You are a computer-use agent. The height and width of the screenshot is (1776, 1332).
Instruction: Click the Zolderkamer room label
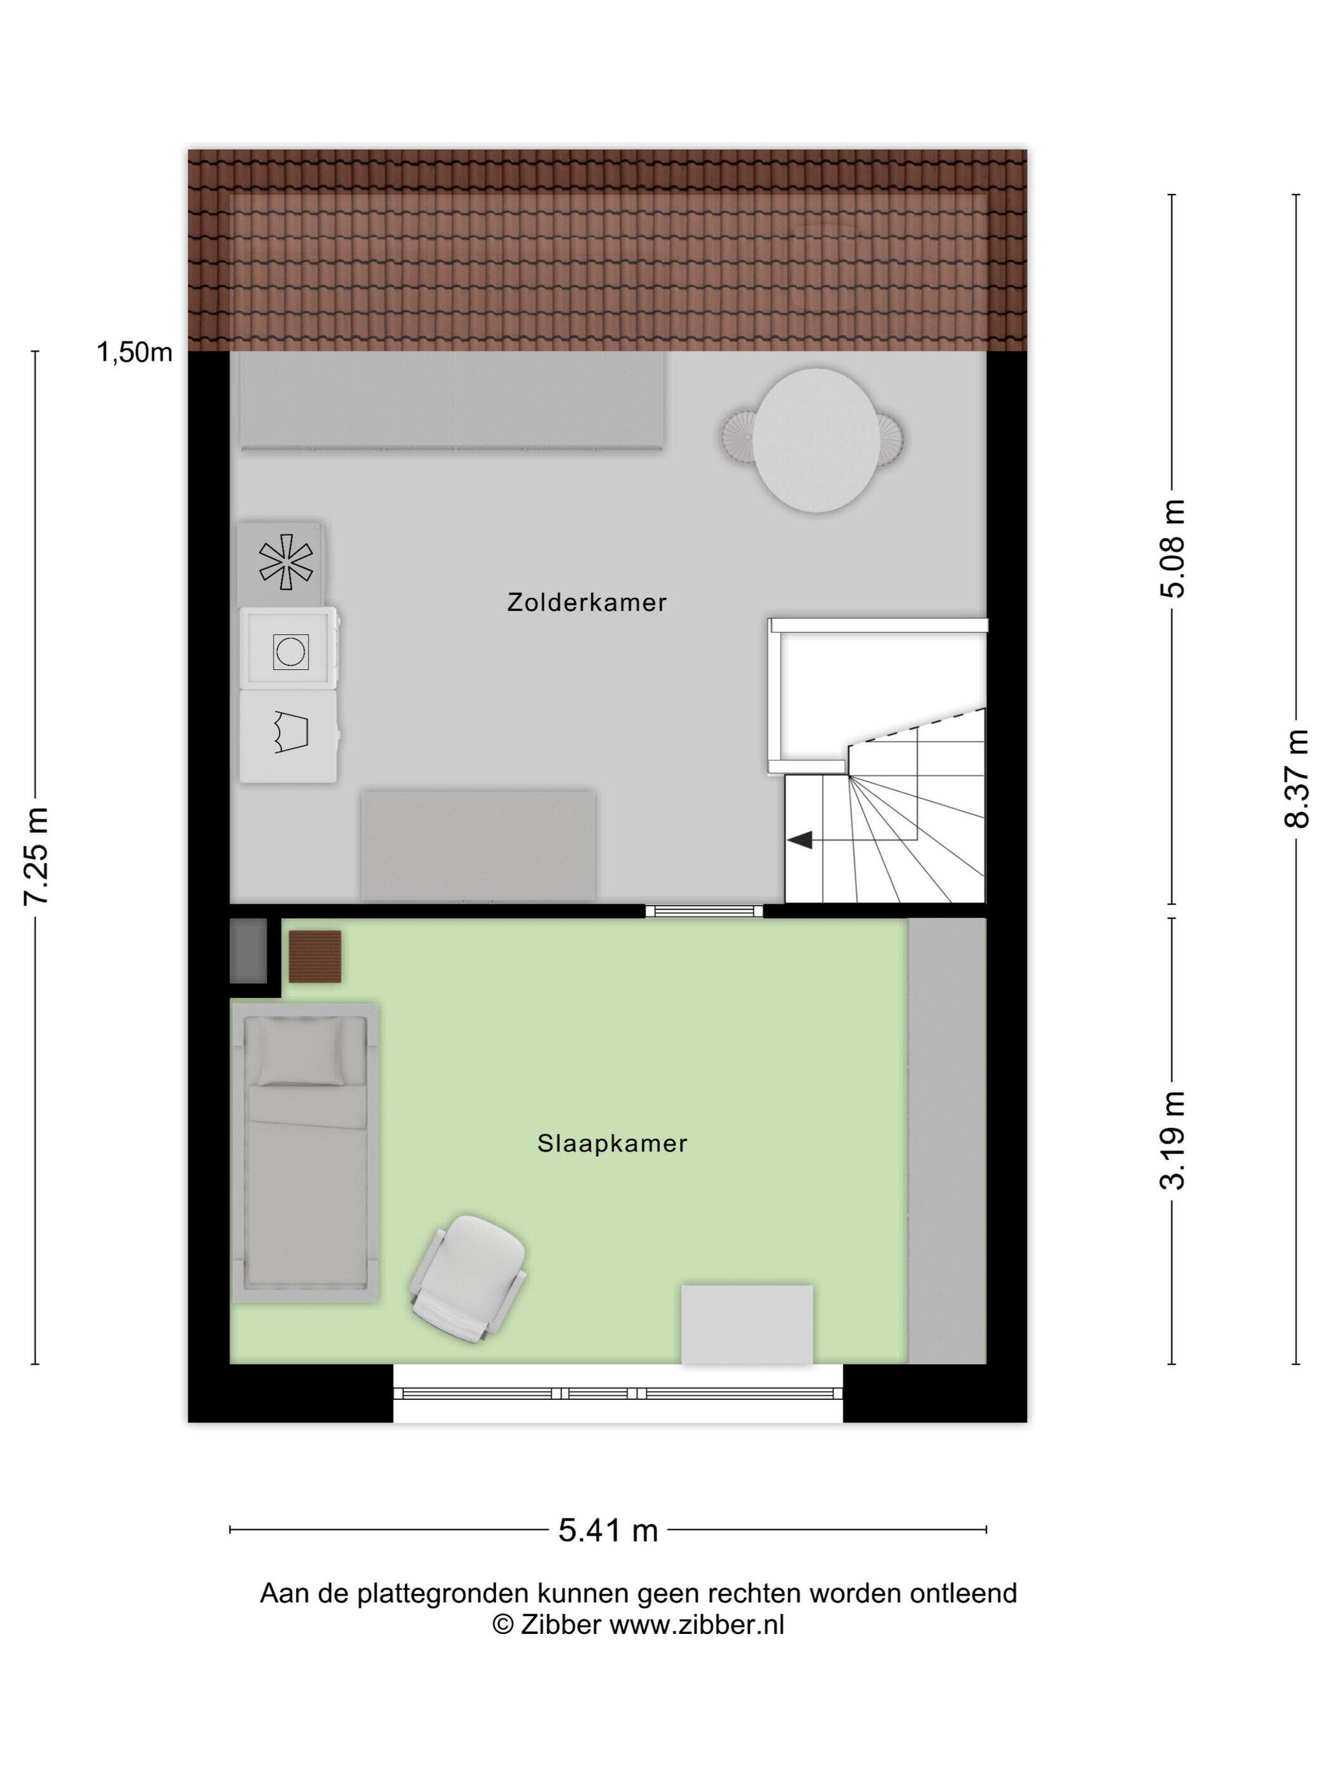click(x=586, y=603)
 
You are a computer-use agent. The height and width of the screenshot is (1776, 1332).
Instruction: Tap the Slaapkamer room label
click(x=612, y=1144)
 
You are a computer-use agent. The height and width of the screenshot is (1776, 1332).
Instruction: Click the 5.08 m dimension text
click(x=1173, y=549)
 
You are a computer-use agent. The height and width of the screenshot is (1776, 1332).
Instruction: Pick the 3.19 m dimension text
click(x=1173, y=1140)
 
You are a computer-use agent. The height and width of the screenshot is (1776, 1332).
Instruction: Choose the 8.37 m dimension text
click(x=1296, y=778)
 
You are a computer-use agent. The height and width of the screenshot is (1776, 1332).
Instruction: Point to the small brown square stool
click(x=315, y=957)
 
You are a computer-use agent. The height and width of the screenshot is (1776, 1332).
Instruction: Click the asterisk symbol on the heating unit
click(x=285, y=561)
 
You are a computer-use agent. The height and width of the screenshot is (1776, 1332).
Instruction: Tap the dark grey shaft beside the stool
click(x=248, y=951)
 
